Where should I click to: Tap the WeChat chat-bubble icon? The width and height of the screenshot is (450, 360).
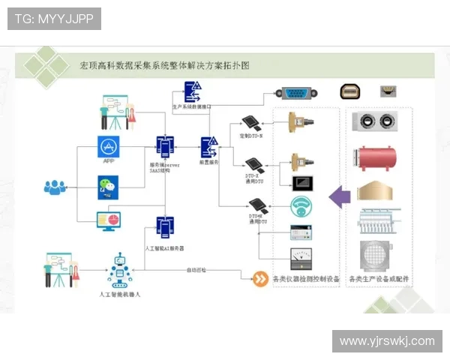(x=109, y=185)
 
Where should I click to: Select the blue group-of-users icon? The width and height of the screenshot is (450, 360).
(x=55, y=187)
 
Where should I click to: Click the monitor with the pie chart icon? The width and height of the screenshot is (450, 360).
(x=109, y=220)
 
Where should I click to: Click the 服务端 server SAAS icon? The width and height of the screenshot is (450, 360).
(x=164, y=146)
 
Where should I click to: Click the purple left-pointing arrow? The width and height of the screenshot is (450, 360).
(x=340, y=196)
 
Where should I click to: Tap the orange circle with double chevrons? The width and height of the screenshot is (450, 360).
(x=259, y=279)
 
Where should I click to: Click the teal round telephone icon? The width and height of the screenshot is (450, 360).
(x=301, y=205)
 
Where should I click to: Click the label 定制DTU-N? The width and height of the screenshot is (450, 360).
(x=251, y=136)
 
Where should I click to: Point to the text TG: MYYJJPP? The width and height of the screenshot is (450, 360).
(x=54, y=19)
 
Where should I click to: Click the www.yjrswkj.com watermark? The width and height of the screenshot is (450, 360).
(x=387, y=341)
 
